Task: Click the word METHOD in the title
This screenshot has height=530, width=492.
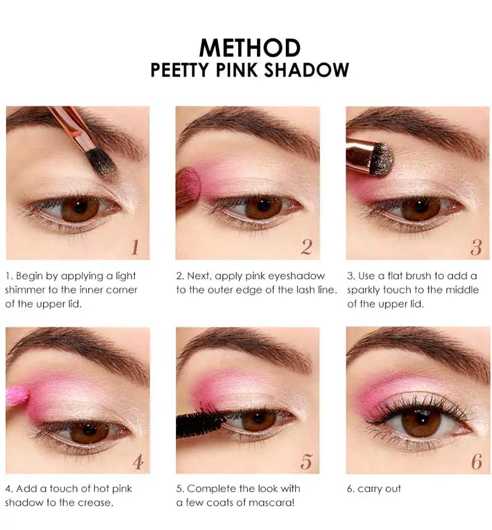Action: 250,47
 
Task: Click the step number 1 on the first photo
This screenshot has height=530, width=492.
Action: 135,247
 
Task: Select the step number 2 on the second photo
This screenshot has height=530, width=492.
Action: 306,247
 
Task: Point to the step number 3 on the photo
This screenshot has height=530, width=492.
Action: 475,247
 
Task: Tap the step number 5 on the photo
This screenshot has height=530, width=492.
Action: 306,461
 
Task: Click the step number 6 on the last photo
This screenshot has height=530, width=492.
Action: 476,462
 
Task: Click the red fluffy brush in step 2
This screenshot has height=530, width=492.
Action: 187,188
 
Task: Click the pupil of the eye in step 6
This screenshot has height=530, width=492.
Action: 421,422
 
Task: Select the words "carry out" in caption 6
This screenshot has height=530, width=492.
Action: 379,489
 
